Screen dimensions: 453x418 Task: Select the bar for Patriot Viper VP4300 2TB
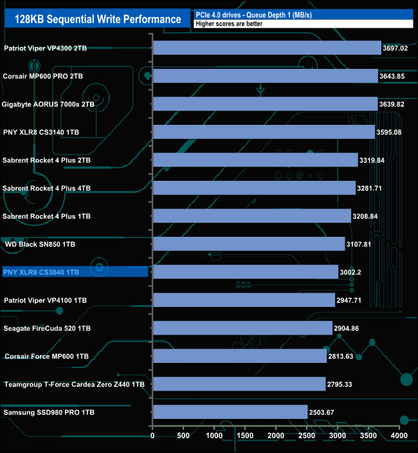click(x=267, y=48)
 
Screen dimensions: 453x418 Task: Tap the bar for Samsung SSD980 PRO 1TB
click(x=230, y=412)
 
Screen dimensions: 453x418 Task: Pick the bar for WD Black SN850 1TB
click(x=249, y=244)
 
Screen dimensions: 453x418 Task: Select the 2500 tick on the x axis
click(x=307, y=436)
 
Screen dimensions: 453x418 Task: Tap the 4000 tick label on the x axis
click(x=399, y=436)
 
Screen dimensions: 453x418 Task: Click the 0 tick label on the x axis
click(x=152, y=436)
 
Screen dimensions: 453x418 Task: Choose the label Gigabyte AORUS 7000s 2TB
click(x=48, y=104)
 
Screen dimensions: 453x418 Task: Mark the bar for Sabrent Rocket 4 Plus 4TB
click(x=254, y=188)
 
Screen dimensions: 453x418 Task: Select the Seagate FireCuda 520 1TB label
click(x=47, y=328)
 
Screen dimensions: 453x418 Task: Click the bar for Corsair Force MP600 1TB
click(x=239, y=356)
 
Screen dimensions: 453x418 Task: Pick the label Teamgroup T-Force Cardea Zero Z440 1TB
click(x=74, y=384)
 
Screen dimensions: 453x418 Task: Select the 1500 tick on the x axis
click(x=245, y=436)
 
